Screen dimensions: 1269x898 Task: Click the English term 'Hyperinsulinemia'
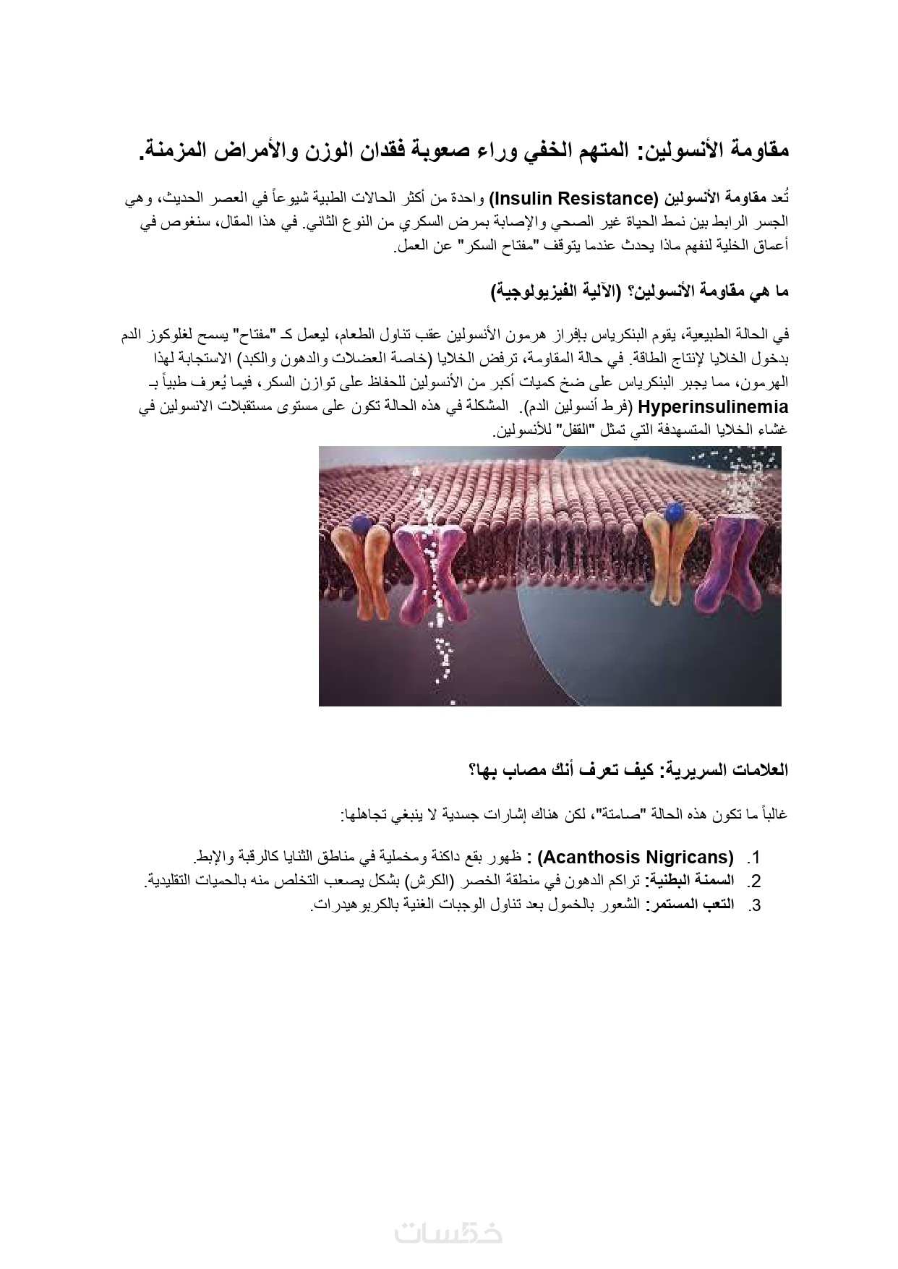click(x=713, y=407)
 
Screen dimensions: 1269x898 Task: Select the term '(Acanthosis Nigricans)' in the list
click(x=637, y=858)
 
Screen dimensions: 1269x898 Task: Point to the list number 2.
click(x=754, y=881)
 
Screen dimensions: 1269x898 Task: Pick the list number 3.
click(x=754, y=905)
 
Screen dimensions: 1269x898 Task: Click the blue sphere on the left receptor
click(x=359, y=522)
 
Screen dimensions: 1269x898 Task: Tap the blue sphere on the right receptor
click(x=674, y=512)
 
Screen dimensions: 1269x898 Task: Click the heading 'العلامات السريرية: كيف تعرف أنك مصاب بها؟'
click(x=628, y=769)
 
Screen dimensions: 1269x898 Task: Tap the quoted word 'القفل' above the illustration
click(x=574, y=431)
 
